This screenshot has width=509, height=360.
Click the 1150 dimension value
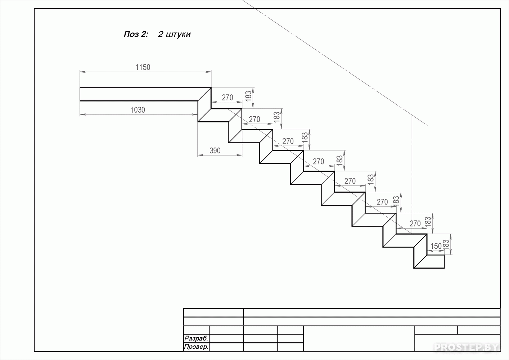[143, 67]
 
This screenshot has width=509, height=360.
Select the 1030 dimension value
[138, 110]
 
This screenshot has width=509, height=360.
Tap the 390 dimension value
[215, 151]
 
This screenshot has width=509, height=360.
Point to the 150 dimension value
[436, 246]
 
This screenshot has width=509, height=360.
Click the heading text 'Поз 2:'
[136, 34]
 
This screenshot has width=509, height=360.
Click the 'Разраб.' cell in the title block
[196, 338]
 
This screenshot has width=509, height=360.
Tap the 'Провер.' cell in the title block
[196, 347]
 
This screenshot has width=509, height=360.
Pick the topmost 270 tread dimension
[228, 98]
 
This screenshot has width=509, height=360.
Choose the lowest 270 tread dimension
[415, 224]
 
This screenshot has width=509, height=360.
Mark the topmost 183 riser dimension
[249, 96]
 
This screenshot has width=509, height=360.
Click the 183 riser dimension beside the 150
[446, 245]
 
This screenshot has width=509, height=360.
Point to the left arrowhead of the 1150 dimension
[83, 72]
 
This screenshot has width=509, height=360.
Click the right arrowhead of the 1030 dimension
[195, 114]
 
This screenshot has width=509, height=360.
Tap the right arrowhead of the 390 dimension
[239, 155]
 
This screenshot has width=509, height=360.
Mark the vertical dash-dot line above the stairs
[412, 175]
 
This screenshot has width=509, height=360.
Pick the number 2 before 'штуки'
[161, 34]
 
